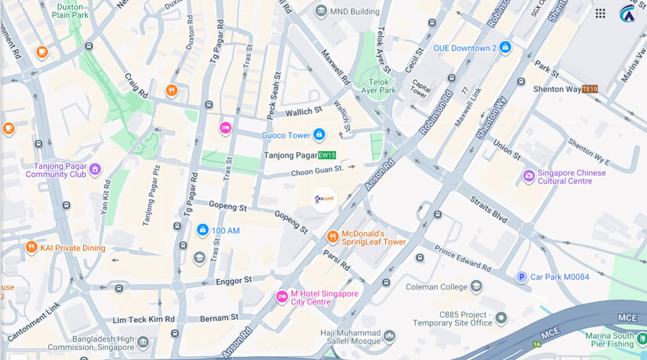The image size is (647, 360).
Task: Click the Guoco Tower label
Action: (286, 135)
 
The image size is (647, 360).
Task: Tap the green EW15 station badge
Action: (327, 156)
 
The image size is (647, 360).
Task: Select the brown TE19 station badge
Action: (590, 89)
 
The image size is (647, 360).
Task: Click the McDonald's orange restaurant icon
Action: (333, 237)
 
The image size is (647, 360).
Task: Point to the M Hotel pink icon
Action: (281, 297)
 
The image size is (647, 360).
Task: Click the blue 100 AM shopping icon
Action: (202, 230)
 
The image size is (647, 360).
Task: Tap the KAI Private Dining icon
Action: (31, 248)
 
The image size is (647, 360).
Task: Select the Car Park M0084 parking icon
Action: (521, 277)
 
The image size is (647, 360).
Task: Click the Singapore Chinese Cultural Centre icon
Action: (528, 176)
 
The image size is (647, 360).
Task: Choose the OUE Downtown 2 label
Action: (464, 48)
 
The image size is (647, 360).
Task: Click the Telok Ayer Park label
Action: (378, 86)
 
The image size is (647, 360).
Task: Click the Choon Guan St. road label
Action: (318, 170)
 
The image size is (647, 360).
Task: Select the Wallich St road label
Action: (303, 111)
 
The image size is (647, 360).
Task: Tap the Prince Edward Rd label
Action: (463, 258)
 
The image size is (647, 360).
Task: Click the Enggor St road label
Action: (234, 281)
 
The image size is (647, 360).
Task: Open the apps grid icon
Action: (600, 13)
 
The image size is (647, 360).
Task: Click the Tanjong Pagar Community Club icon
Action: (95, 169)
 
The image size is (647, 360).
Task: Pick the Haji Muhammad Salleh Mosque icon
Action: (389, 336)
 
